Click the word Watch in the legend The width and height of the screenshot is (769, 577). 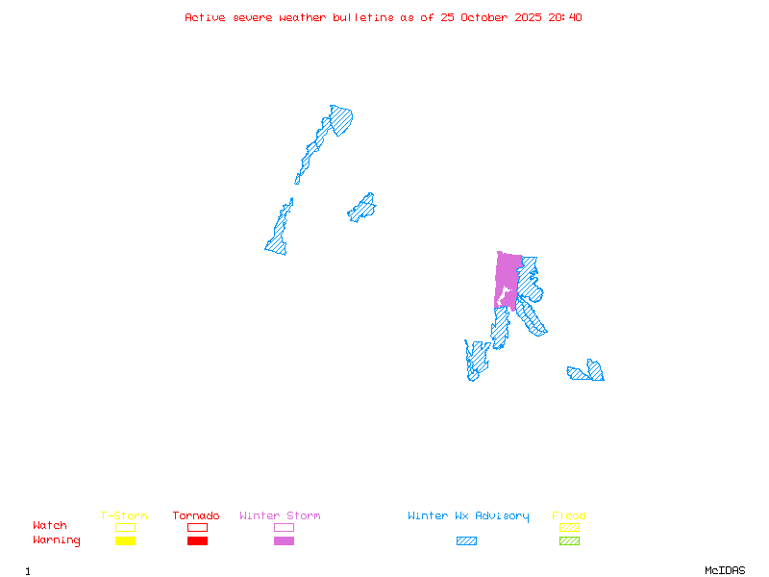click(x=50, y=526)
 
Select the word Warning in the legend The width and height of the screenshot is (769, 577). click(x=56, y=540)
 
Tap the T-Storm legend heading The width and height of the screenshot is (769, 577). click(x=124, y=515)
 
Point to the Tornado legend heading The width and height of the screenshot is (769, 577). click(x=196, y=515)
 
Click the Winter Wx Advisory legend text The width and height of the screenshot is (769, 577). click(x=468, y=515)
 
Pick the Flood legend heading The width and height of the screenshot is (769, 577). click(x=569, y=515)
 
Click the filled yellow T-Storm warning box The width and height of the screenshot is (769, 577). click(x=125, y=540)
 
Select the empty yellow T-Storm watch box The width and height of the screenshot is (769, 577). click(x=125, y=527)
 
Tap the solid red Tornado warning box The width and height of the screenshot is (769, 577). click(x=197, y=540)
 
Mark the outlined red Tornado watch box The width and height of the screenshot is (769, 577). click(x=197, y=527)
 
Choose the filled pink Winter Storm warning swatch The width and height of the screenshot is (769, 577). click(x=284, y=540)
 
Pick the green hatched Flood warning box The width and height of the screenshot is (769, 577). click(x=569, y=540)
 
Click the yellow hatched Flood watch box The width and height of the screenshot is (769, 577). click(x=569, y=527)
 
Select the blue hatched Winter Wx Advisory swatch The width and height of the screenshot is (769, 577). click(x=466, y=540)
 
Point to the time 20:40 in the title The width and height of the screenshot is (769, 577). click(x=565, y=17)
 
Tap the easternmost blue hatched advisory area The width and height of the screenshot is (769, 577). click(x=587, y=372)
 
